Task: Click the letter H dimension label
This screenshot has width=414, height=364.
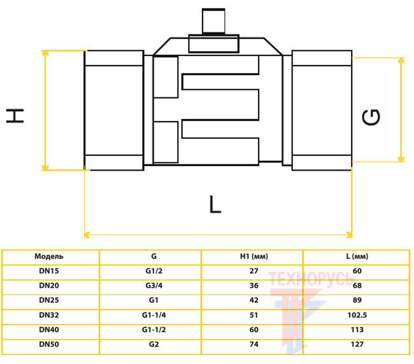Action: pos(15,116)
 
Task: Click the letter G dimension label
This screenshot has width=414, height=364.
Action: pos(371,117)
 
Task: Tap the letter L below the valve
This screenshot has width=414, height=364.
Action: pos(215,204)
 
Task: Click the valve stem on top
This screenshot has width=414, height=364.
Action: pos(213,22)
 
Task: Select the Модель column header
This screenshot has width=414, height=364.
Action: pos(49,256)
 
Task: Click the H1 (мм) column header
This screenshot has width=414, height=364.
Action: pos(253,256)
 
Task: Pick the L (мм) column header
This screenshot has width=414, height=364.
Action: pos(357,256)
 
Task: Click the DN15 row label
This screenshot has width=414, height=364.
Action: pos(49,271)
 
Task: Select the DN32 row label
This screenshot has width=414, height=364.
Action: pos(49,315)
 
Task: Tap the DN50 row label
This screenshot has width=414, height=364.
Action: pos(49,344)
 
